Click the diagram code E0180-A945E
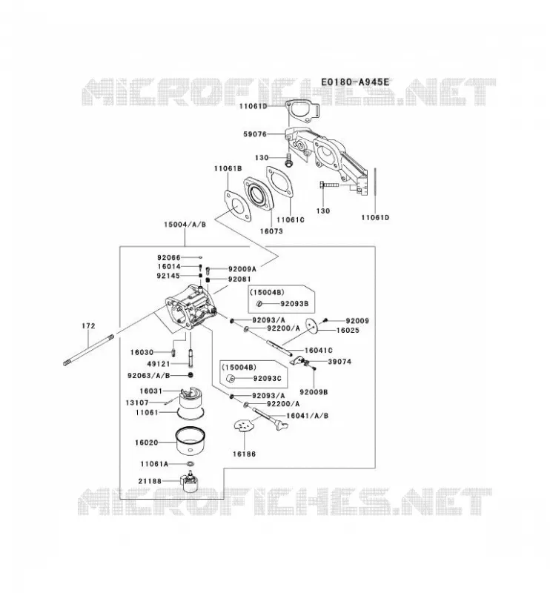click(x=354, y=82)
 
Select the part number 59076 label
click(x=255, y=134)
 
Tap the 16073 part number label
click(x=271, y=231)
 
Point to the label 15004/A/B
click(x=185, y=225)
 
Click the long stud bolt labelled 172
click(x=88, y=350)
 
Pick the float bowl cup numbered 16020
click(x=191, y=441)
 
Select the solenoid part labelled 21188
click(x=190, y=481)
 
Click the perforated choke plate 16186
click(x=244, y=425)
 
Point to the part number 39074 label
click(x=339, y=362)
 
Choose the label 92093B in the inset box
click(x=294, y=303)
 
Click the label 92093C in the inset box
click(x=267, y=378)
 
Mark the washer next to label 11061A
click(x=190, y=464)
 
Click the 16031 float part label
click(x=150, y=391)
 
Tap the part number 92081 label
click(x=239, y=279)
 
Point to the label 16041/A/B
click(x=307, y=416)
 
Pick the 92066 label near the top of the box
click(x=169, y=257)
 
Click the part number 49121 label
click(x=158, y=364)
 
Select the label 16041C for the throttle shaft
click(x=319, y=350)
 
